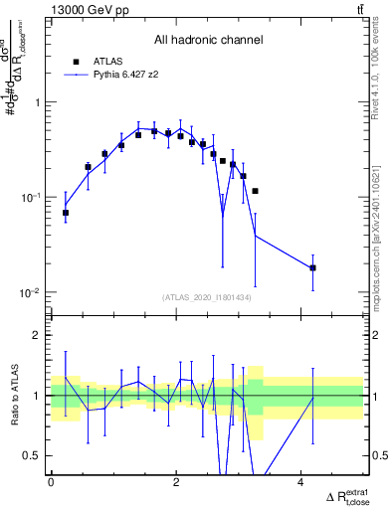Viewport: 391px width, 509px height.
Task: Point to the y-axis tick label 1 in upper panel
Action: click(x=37, y=102)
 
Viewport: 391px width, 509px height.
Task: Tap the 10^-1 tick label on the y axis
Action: click(x=32, y=197)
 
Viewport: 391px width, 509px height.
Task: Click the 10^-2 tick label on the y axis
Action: click(x=32, y=292)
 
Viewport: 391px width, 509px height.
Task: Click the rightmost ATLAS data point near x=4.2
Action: click(x=312, y=267)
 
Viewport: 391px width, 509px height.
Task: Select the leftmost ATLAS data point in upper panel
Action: click(x=66, y=213)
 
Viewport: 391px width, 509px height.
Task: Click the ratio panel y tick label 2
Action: click(x=37, y=335)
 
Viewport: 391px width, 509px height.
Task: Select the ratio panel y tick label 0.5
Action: click(x=32, y=455)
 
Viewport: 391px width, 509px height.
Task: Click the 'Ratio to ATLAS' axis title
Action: click(x=13, y=396)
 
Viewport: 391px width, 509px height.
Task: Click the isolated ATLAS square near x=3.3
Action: click(x=256, y=191)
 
